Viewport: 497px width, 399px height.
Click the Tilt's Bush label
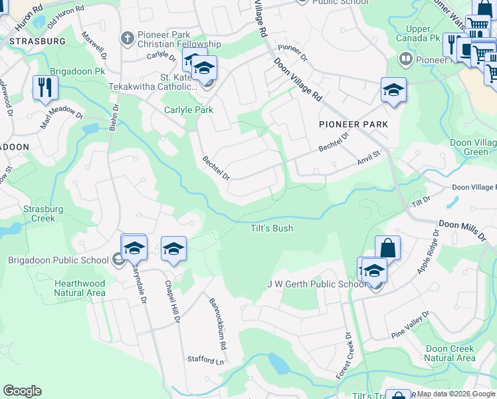point(272,229)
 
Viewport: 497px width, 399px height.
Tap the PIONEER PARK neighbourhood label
point(353,124)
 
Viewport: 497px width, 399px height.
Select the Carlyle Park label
point(189,110)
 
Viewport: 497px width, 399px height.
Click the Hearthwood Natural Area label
point(79,288)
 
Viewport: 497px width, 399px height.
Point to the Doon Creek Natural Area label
point(450,353)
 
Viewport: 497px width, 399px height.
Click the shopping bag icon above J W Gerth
point(388,249)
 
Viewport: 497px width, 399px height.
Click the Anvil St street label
point(367,157)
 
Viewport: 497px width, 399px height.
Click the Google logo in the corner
point(22,391)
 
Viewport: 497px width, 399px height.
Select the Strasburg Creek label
point(43,213)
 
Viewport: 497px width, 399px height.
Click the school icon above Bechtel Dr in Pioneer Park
point(393,90)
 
